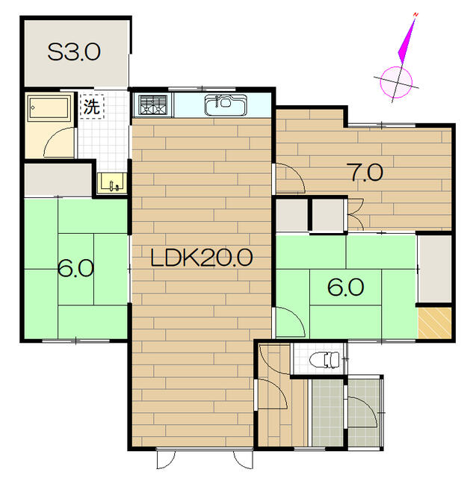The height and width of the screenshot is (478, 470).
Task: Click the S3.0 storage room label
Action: point(74,52)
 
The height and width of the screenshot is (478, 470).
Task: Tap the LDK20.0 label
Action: point(202,258)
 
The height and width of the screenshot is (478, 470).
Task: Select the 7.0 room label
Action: point(366,173)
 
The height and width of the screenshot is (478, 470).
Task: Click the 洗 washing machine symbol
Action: point(92,106)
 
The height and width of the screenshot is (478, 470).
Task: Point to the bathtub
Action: point(49,107)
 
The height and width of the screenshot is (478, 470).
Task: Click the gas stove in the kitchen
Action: point(152,105)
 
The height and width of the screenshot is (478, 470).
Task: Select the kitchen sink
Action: point(226,105)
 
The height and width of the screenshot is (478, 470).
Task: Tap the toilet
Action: point(324,360)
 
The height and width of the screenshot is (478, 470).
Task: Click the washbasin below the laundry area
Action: point(112,183)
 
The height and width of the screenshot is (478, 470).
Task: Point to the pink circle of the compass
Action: point(396,82)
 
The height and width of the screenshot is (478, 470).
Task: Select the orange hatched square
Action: point(435,323)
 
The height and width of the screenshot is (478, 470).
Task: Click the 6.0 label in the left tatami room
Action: point(75,268)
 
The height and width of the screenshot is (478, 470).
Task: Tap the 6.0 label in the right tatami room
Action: point(345,287)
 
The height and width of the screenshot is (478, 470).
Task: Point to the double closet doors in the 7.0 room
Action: point(356,214)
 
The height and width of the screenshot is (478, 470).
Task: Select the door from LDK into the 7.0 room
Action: point(291,179)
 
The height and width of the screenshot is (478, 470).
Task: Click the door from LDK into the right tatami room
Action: point(291,322)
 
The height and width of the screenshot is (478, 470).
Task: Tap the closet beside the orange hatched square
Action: point(435,269)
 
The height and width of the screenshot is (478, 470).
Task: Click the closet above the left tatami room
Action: point(58,180)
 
